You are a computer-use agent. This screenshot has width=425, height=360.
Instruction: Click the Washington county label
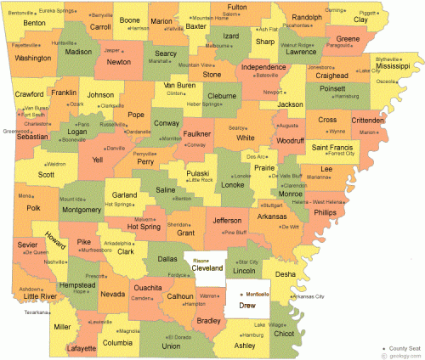(32, 58)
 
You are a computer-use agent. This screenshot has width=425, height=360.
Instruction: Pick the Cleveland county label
(207, 267)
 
